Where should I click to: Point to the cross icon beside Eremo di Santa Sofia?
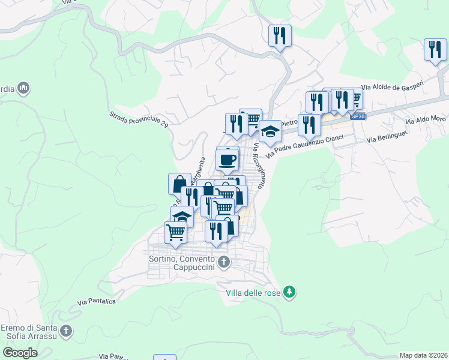pyautogui.click(x=66, y=330)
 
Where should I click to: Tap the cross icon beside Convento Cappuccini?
pyautogui.click(x=224, y=262)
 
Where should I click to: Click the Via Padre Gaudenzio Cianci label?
pyautogui.click(x=305, y=146)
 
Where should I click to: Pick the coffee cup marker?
pyautogui.click(x=228, y=159)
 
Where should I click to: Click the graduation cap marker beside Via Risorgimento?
pyautogui.click(x=270, y=130)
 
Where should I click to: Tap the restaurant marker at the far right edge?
pyautogui.click(x=435, y=50)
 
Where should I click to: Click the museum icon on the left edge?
pyautogui.click(x=24, y=89)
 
